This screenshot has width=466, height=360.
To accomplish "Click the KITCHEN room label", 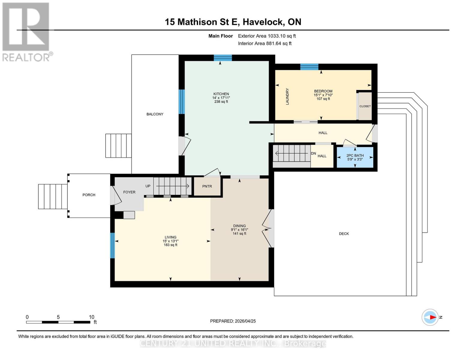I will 221,94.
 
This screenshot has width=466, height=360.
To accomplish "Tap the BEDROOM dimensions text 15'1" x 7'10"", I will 323,95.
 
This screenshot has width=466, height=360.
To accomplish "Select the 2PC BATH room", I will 355,157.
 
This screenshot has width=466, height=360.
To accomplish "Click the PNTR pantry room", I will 207,186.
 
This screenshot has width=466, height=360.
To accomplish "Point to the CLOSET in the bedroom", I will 365,106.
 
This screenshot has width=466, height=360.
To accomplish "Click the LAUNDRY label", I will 287,96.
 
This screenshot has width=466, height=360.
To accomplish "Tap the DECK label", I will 344,234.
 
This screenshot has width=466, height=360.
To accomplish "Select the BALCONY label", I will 155,114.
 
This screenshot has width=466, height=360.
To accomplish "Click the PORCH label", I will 89,195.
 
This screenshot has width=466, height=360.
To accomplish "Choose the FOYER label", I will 129,192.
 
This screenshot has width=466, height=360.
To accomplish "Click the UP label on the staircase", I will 148,186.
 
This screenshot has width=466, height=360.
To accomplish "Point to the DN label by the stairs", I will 313,154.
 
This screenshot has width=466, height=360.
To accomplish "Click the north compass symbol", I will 430,317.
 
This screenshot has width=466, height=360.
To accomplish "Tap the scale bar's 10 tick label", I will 92,317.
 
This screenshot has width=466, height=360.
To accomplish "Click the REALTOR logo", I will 26,31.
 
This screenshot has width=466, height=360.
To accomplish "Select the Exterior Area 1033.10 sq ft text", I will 267,36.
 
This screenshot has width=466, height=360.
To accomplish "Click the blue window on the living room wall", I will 113,245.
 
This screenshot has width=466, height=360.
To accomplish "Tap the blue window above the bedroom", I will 309,67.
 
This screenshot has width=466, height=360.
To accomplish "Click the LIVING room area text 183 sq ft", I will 170,245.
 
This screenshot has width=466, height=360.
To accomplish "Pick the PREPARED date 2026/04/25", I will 233,321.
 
